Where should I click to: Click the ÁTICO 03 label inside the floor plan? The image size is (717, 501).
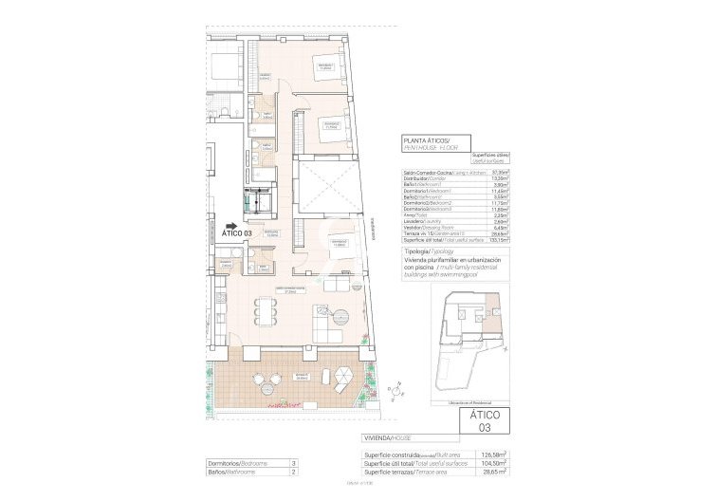[x=236, y=232]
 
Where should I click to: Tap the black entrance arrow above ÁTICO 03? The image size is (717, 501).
[x=230, y=224]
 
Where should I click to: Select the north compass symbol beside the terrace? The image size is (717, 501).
[x=390, y=389]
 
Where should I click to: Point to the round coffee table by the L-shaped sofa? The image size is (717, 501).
[x=343, y=315]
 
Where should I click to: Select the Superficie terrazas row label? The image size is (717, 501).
[x=392, y=471]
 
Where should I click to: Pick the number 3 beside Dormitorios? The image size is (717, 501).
[x=295, y=462]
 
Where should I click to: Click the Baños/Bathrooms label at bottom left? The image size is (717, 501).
[x=237, y=471]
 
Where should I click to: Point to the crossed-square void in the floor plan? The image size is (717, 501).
[x=324, y=187]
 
